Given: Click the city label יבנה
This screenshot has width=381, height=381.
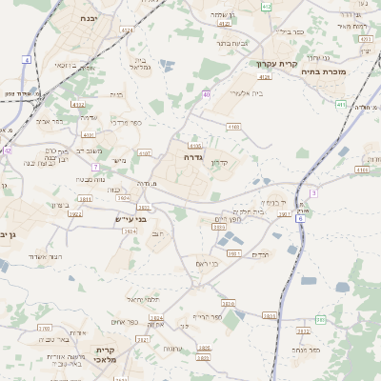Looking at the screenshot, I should coord(89,18).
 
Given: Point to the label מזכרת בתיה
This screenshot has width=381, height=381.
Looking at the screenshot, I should coord(348,71).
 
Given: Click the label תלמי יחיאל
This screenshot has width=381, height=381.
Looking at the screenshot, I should coord(150,299).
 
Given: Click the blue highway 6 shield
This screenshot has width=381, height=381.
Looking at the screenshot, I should coord(300,218).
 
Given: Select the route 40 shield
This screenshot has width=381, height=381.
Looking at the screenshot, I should coord(207,94).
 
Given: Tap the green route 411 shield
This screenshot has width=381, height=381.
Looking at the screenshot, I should coord(341,104).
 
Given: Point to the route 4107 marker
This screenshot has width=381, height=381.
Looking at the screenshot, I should coord(145,152).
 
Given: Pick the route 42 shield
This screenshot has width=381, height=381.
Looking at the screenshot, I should coord(7,150).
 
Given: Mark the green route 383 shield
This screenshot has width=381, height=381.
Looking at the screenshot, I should coord(321,319).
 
